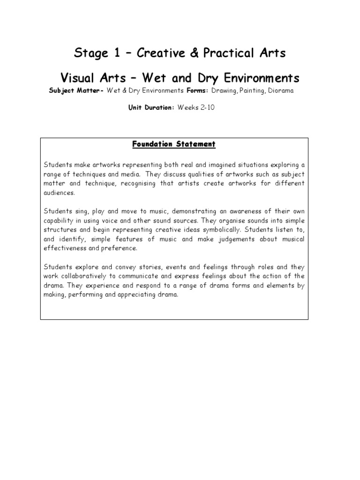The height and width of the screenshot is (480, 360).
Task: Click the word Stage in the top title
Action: click(x=90, y=53)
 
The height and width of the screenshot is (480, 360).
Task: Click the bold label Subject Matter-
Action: click(x=76, y=90)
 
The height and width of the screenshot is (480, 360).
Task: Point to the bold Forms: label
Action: click(x=198, y=90)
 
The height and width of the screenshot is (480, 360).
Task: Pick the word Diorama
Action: click(x=279, y=90)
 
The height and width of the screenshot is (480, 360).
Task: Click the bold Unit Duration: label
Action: click(x=151, y=107)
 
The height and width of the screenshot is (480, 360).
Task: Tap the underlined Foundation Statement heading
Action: click(x=174, y=144)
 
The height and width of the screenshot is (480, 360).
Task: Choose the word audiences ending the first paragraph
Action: click(x=59, y=192)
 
